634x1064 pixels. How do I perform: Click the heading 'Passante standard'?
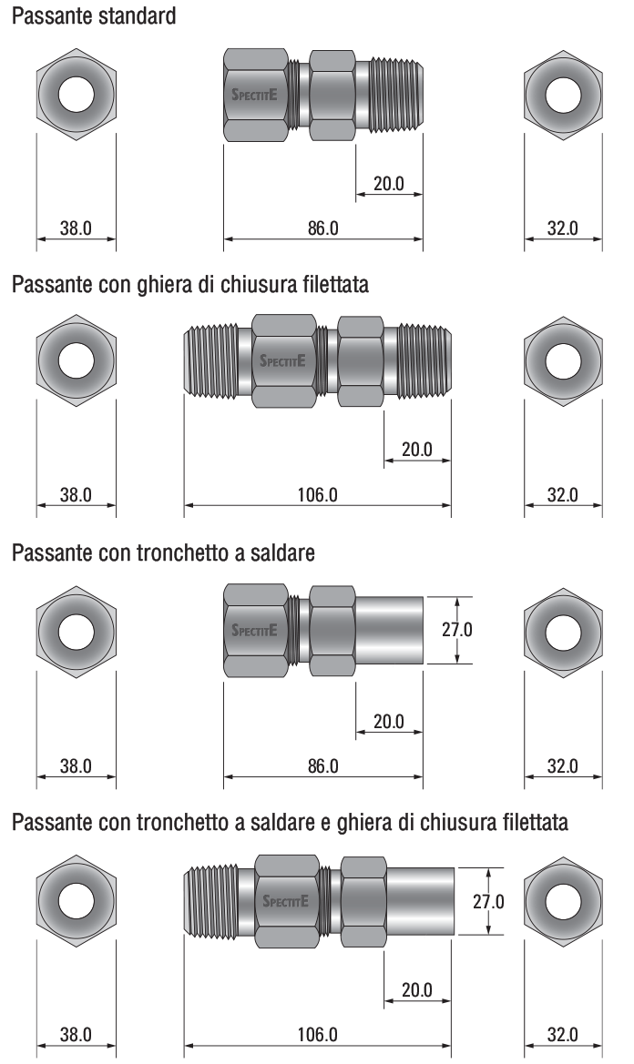click(x=94, y=15)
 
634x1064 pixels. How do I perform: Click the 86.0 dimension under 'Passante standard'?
click(x=323, y=228)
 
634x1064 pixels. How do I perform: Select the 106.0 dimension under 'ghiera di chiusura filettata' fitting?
click(x=318, y=494)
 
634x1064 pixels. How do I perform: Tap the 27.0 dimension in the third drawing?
click(x=457, y=630)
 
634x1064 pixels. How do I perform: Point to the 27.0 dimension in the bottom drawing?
click(x=488, y=901)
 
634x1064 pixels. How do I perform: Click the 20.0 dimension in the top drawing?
click(x=389, y=183)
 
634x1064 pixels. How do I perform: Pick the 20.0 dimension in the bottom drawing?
click(x=417, y=990)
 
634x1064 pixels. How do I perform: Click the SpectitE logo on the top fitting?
click(x=254, y=95)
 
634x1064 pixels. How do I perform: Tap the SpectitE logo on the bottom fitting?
click(x=285, y=901)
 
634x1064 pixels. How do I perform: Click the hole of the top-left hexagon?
click(x=76, y=95)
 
